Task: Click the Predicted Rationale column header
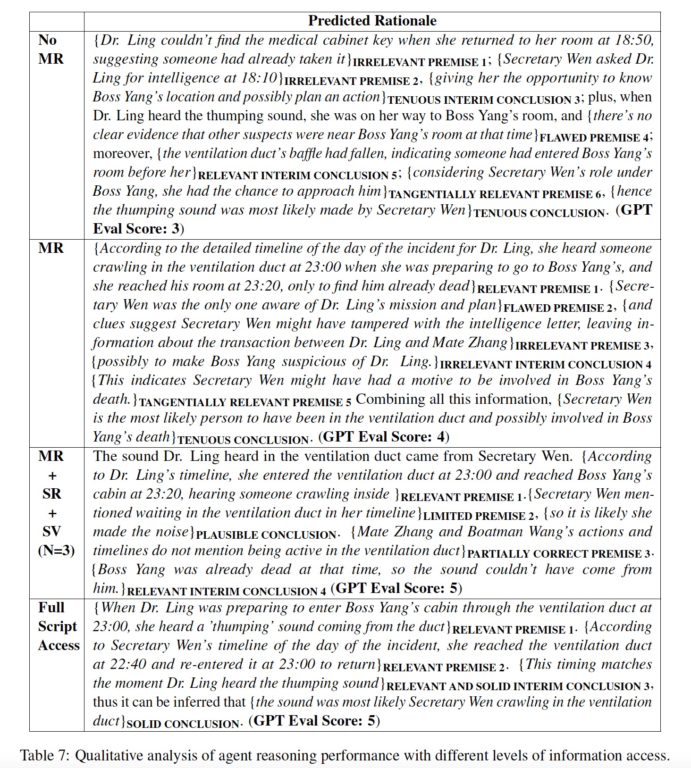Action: (372, 21)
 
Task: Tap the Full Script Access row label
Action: (58, 626)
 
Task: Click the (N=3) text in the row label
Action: (56, 551)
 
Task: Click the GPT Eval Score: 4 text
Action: (384, 437)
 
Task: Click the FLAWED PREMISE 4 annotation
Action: (594, 138)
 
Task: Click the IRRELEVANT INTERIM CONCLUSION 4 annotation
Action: (545, 365)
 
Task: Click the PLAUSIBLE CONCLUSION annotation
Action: (266, 535)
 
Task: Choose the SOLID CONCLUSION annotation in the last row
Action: (183, 724)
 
